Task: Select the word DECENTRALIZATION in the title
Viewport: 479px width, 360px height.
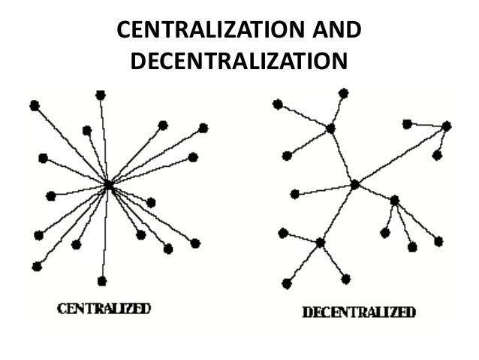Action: click(239, 59)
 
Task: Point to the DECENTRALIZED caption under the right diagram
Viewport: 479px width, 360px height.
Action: click(358, 312)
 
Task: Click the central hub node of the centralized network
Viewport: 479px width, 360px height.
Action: click(108, 184)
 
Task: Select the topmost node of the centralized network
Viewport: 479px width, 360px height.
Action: click(100, 95)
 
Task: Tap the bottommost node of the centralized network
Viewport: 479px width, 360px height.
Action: click(102, 280)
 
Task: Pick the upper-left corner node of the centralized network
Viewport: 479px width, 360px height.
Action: click(34, 106)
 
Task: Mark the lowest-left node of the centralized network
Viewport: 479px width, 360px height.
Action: click(37, 265)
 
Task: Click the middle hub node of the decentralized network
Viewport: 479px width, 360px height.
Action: click(355, 184)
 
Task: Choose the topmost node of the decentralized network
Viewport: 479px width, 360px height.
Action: click(343, 93)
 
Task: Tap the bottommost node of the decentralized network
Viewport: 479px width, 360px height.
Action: click(287, 283)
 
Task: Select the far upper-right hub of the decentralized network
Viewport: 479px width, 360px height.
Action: click(447, 126)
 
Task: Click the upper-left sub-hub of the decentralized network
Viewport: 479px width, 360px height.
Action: click(330, 129)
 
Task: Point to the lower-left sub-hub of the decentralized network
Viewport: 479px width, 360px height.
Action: click(321, 242)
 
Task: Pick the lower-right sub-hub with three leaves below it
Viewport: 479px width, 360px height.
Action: click(394, 200)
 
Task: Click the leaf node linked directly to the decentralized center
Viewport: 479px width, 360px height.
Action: click(295, 194)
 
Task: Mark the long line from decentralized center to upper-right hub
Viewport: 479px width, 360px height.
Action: click(401, 155)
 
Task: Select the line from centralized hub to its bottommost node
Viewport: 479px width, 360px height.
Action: click(105, 233)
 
